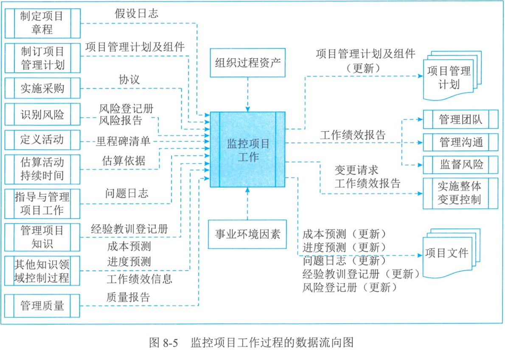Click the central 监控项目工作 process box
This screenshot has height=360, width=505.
248,149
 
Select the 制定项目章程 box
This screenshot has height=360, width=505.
42,23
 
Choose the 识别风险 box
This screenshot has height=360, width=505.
42,114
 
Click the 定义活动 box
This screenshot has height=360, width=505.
42,140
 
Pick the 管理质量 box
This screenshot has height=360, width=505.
42,305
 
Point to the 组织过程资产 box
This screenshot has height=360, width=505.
248,63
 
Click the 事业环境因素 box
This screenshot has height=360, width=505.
248,233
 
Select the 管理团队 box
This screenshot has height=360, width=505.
460,119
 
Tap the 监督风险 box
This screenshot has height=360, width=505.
460,164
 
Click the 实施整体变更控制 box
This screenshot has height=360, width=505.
460,193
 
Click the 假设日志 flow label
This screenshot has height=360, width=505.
136,13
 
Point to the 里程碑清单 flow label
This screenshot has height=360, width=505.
123,141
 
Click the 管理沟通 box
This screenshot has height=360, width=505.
460,142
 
